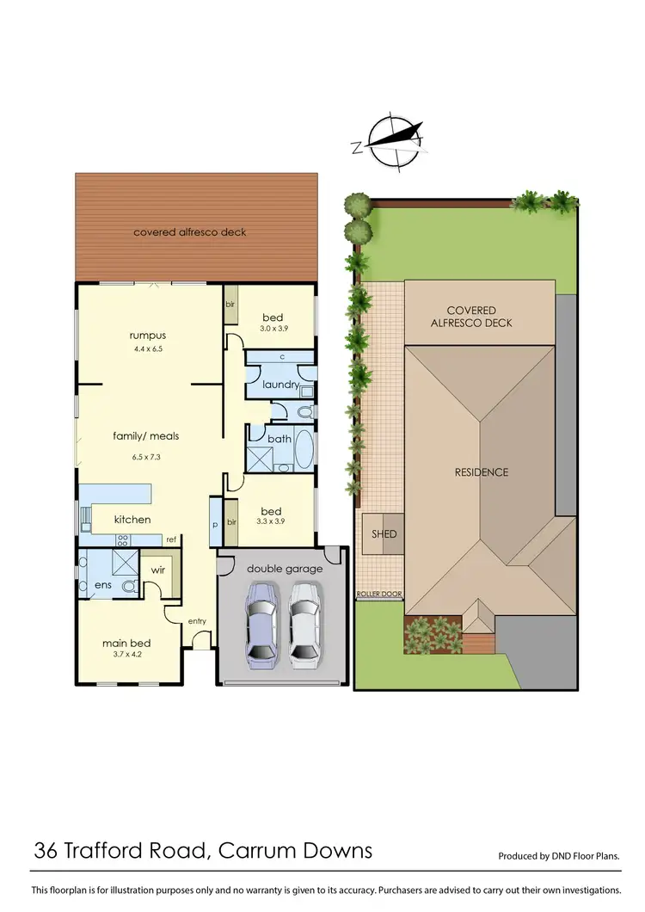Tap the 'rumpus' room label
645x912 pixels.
coord(147,336)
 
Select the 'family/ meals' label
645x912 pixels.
coord(146,436)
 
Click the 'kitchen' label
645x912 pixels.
coord(132,520)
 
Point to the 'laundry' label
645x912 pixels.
coord(280,385)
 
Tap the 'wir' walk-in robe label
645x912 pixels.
coord(158,570)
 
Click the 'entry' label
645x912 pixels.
coord(197,621)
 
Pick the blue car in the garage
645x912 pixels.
coord(261,625)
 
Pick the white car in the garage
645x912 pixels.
coord(304,625)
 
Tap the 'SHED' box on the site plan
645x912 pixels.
coord(384,534)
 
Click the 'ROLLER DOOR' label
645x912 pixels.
coord(378,595)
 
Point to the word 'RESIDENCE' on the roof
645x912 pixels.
coord(482,472)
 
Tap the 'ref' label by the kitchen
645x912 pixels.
coord(171,539)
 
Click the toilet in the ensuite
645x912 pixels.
coord(128,587)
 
